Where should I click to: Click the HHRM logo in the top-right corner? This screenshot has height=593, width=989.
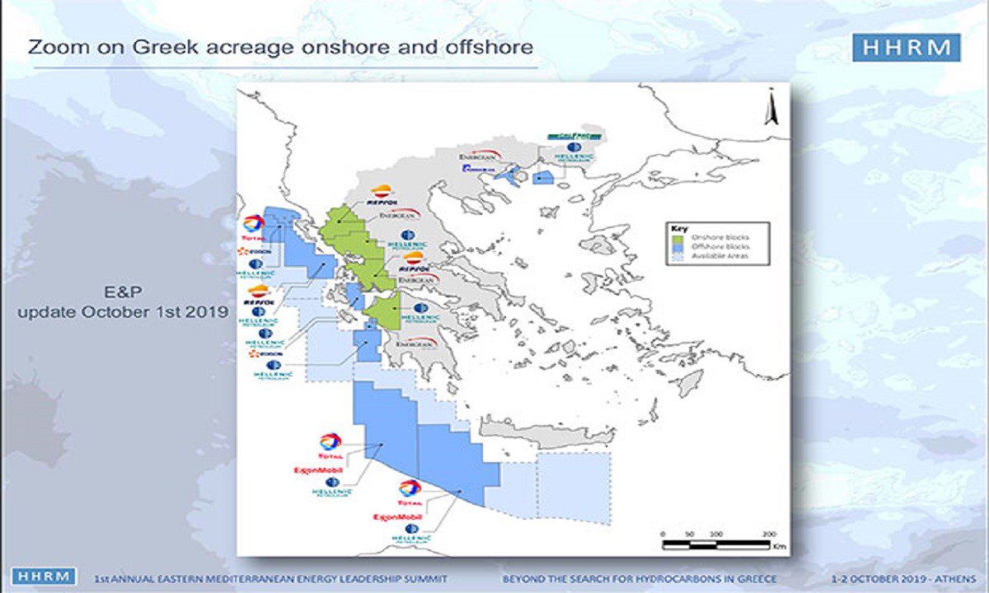click(906, 48)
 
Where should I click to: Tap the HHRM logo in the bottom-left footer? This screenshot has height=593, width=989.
click(44, 577)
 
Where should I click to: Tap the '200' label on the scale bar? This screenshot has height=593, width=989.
click(768, 535)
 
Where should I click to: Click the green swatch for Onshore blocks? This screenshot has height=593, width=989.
click(679, 238)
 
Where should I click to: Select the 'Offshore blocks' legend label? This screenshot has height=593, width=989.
click(720, 247)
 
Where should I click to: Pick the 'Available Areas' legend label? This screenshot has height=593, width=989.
click(721, 257)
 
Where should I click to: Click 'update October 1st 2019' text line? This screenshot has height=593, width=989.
click(123, 313)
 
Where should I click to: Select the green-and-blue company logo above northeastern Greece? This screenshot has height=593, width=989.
click(573, 136)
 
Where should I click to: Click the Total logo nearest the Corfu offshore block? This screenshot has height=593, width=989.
click(254, 225)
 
